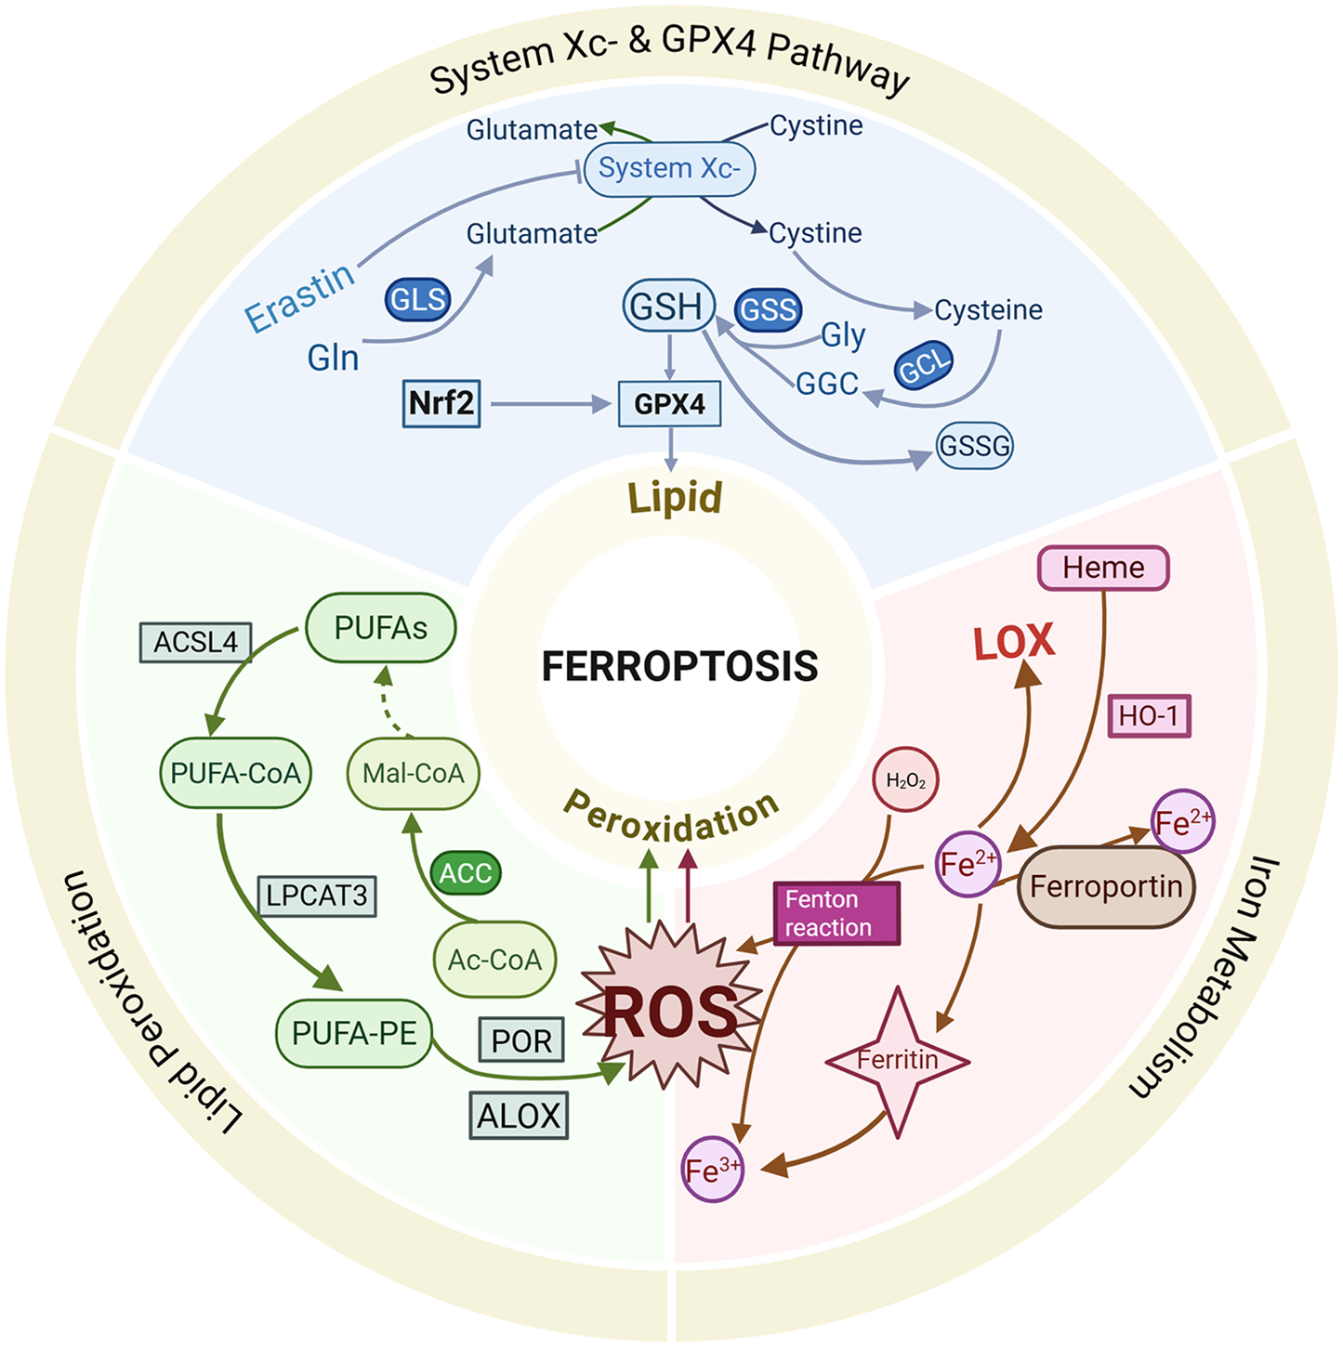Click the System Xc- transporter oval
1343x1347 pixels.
click(x=669, y=168)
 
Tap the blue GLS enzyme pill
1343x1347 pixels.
click(x=417, y=300)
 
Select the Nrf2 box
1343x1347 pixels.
click(x=441, y=403)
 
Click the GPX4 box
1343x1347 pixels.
click(x=669, y=404)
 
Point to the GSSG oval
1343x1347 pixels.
click(x=974, y=445)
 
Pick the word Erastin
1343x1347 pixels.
click(x=299, y=297)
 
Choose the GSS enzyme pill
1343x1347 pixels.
click(x=768, y=309)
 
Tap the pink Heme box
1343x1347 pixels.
click(x=1103, y=568)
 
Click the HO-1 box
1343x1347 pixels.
click(x=1150, y=716)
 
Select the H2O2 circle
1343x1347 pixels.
click(x=906, y=779)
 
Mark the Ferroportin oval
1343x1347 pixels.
click(x=1106, y=886)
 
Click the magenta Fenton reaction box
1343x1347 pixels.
click(x=836, y=913)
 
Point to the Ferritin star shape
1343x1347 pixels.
click(x=898, y=1060)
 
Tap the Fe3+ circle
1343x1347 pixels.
click(x=712, y=1170)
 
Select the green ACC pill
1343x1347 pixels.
click(x=465, y=873)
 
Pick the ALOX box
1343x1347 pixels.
click(x=519, y=1116)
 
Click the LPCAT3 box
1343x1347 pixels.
click(x=317, y=896)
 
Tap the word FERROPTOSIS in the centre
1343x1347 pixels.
click(x=679, y=665)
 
